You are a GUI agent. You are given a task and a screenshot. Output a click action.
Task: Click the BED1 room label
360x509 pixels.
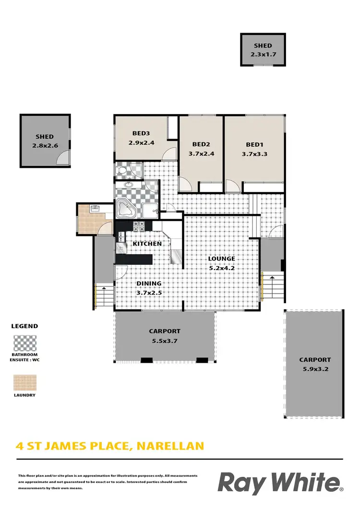(255, 144)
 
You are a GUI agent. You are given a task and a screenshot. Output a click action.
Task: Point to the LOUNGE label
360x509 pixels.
(221, 259)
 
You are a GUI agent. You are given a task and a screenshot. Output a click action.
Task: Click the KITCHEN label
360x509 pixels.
(147, 244)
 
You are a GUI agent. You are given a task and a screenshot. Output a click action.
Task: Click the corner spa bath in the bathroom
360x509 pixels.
(127, 209)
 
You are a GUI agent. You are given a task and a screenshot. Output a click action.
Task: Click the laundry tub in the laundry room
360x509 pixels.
(95, 209)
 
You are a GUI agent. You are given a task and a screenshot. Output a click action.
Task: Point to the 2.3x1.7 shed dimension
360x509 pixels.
(263, 55)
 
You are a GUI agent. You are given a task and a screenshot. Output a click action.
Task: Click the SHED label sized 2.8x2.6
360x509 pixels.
(45, 137)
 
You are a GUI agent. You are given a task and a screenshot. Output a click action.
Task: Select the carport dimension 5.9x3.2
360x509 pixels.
(315, 369)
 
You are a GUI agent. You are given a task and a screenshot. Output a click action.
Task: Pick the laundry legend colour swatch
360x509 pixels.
(24, 382)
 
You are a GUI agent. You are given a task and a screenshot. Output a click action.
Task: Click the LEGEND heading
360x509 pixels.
(24, 326)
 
